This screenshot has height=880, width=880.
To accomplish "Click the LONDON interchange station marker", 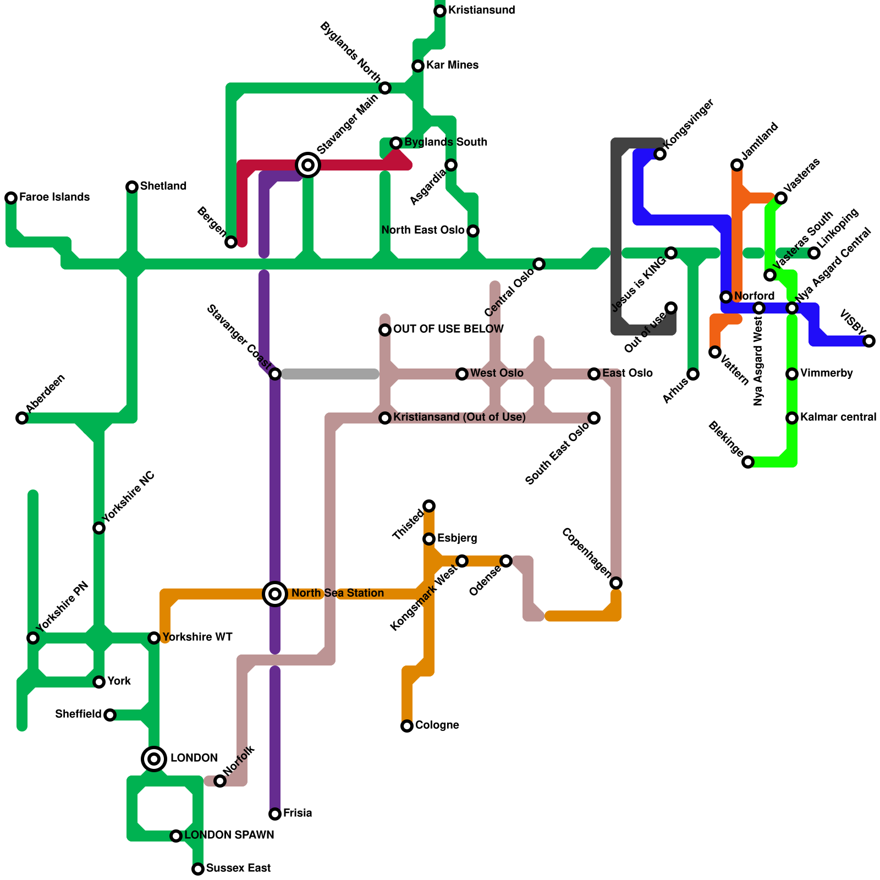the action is click(154, 759).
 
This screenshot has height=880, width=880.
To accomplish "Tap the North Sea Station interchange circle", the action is click(275, 594).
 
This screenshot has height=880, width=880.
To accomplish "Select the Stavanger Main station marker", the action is click(308, 164).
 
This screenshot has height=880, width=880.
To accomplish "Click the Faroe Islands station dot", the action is click(11, 198).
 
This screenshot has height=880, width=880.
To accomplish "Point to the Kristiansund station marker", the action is click(440, 11).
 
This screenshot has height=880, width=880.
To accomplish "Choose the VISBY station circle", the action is click(869, 341).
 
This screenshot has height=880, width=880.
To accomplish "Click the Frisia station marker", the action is click(275, 814).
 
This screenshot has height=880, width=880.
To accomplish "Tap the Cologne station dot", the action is click(407, 726).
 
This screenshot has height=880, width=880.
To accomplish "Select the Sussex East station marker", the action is click(198, 869).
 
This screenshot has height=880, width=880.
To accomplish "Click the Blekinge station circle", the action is click(748, 462).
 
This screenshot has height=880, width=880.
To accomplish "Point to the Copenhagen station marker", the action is click(616, 583).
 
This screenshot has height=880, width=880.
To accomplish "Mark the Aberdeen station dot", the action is click(22, 418).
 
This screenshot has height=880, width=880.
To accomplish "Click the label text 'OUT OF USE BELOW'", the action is click(448, 329).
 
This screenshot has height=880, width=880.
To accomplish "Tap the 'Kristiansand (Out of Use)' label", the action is click(459, 417).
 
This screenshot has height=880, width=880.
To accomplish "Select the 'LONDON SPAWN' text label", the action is click(229, 835).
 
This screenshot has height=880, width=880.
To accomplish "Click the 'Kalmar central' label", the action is click(838, 417).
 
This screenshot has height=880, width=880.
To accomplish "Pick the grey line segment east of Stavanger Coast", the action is click(330, 374).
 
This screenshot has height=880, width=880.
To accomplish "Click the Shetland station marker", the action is click(132, 187).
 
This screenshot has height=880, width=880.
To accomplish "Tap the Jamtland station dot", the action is click(737, 165).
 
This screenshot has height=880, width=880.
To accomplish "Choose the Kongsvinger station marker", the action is click(660, 154).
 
